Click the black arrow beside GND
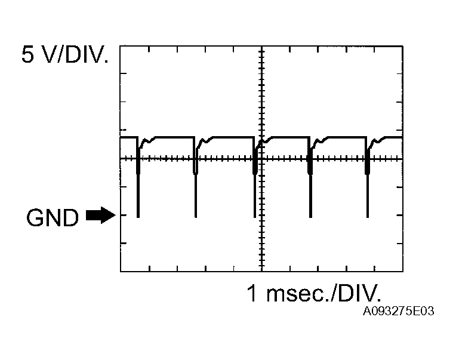click(100, 216)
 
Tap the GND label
click(53, 219)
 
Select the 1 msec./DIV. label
click(313, 294)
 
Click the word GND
click(53, 219)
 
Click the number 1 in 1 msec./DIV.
click(253, 294)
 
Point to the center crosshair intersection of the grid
click(261, 158)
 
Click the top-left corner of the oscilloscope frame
click(121, 45)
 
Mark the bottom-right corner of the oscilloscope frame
click(402, 272)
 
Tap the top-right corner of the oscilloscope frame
click(402, 45)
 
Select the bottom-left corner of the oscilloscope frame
click(121, 272)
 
